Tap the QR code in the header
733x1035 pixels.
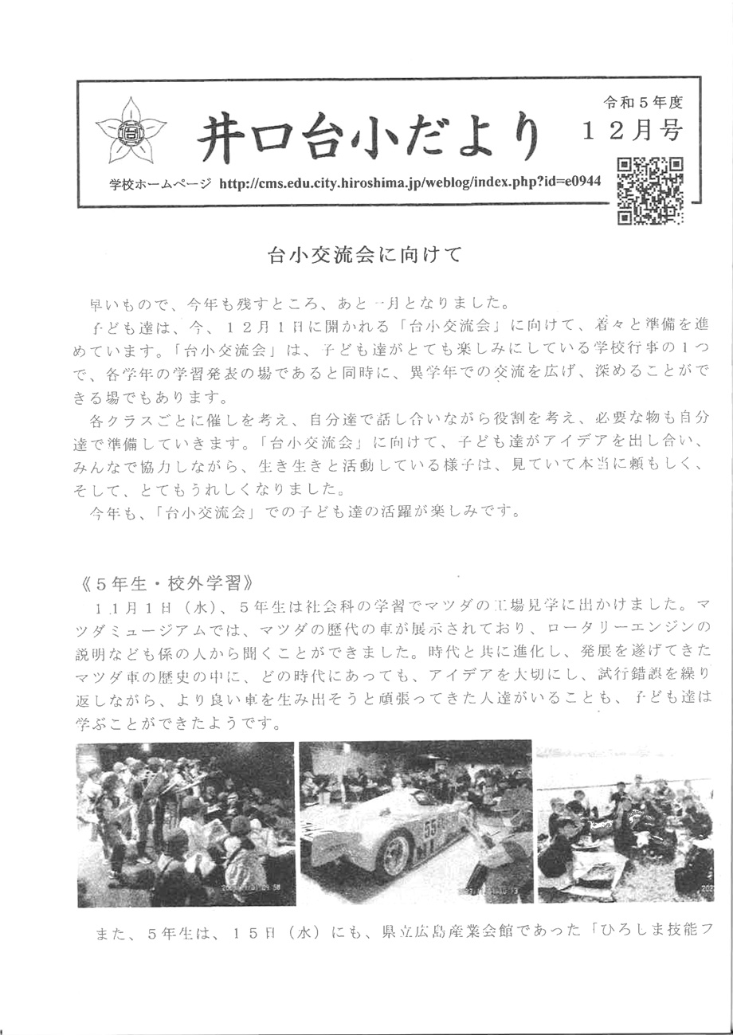(x=651, y=189)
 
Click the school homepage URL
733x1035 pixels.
(x=409, y=183)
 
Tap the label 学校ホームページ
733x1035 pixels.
(x=161, y=184)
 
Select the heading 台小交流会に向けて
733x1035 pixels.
(x=365, y=257)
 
